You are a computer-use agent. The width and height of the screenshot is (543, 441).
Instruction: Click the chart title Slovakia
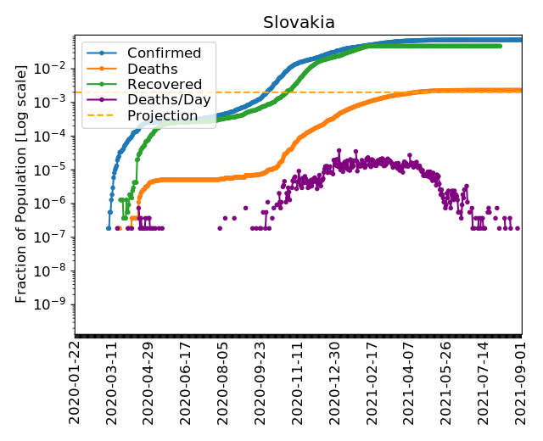[299, 23]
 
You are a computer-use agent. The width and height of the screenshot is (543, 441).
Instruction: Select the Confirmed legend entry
[164, 53]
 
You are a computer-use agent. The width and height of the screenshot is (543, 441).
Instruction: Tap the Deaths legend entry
[152, 69]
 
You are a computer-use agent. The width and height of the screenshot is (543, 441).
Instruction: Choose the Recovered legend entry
[165, 84]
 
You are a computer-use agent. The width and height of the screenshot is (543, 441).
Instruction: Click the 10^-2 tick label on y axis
[56, 68]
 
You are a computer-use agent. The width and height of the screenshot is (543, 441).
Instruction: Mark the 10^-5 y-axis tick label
[56, 169]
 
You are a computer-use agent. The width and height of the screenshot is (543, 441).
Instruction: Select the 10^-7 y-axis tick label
[56, 237]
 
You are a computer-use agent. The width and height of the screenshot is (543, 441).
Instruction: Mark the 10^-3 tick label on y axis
[56, 102]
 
